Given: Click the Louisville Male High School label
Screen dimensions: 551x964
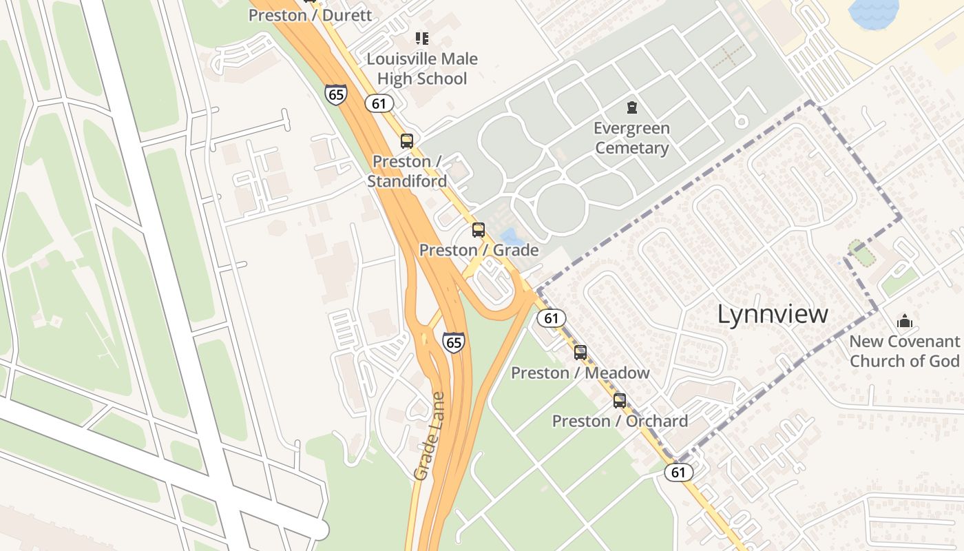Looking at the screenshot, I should [421, 69].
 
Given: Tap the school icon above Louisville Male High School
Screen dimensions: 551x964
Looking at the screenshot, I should [421, 39].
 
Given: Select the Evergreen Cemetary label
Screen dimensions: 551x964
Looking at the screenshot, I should [631, 138].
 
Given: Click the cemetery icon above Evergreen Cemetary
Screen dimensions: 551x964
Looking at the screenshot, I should [631, 107].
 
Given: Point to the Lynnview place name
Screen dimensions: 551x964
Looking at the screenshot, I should [773, 314].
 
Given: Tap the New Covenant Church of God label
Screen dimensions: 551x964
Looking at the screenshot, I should [904, 351].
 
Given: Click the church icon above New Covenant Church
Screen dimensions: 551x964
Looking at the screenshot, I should [904, 321].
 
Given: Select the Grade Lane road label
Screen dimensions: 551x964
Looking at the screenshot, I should [430, 436].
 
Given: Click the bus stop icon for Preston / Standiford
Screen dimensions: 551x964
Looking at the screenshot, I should [407, 141].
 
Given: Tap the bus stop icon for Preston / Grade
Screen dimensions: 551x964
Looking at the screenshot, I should [479, 230].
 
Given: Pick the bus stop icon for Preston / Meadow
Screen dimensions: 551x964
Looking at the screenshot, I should [580, 353].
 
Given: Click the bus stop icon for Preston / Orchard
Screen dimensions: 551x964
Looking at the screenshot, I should [620, 401].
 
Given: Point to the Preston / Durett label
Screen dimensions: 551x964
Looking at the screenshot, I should [310, 15].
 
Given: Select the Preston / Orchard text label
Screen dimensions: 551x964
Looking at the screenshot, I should [620, 421].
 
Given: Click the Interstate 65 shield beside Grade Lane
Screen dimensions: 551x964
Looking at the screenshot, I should [453, 342].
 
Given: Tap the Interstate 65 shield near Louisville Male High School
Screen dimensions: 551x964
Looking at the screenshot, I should [336, 94].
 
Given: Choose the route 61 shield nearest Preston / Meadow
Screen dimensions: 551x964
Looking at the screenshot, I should [551, 318].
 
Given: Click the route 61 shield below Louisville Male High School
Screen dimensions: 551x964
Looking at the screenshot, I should [379, 103].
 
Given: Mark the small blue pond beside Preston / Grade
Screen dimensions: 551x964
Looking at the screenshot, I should [510, 237].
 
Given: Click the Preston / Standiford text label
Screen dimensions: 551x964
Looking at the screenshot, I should [407, 171].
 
